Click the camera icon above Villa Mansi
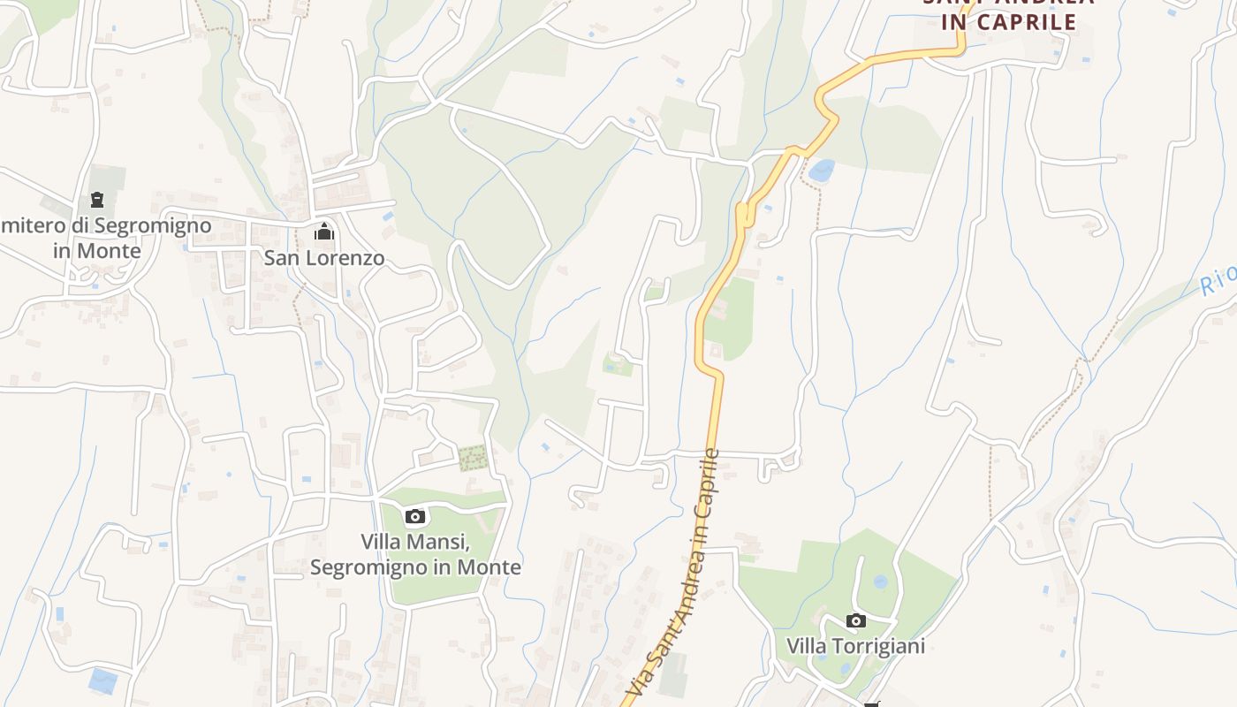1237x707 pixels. coord(415,516)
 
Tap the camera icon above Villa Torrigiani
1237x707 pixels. coord(855,620)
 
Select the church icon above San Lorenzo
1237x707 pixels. coord(324,232)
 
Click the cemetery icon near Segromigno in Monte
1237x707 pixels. coord(96,200)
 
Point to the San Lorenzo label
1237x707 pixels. coord(324,258)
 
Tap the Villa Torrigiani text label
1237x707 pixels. coord(855,646)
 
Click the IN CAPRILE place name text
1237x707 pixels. coord(1008,23)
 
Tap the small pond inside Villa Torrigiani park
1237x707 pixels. coord(880,582)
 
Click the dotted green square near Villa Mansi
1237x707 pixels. coord(473,458)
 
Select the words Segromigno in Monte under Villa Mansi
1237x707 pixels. coord(415,566)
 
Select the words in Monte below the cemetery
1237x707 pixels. coord(96,251)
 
